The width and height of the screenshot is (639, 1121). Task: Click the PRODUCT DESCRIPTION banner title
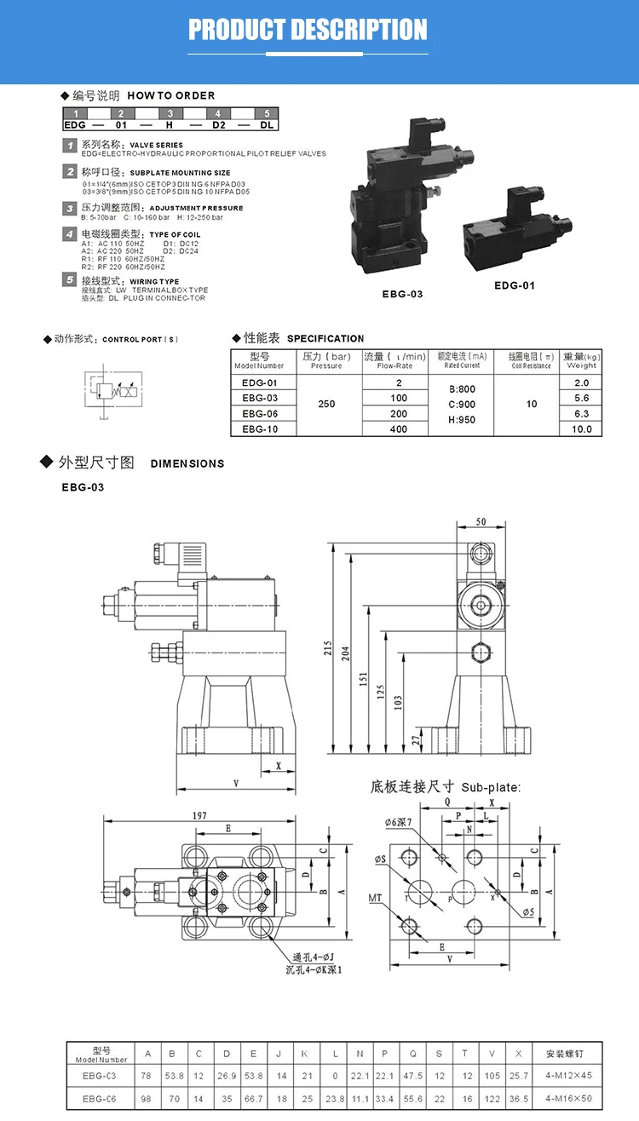pyautogui.click(x=308, y=31)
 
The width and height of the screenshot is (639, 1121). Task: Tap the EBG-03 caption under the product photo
pyautogui.click(x=402, y=294)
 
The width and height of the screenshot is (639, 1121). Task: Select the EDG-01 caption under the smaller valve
pyautogui.click(x=515, y=285)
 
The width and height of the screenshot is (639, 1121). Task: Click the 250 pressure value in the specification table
pyautogui.click(x=326, y=405)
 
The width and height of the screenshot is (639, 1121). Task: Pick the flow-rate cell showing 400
pyautogui.click(x=399, y=429)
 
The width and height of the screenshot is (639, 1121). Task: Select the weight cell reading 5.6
pyautogui.click(x=582, y=398)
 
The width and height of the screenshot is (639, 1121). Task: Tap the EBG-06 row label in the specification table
pyautogui.click(x=260, y=414)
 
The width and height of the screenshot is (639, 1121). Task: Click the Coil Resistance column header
pyautogui.click(x=532, y=360)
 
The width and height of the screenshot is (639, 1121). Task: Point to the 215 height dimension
pyautogui.click(x=329, y=647)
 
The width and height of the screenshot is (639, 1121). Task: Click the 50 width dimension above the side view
pyautogui.click(x=481, y=521)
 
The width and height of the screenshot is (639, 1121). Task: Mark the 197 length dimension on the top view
pyautogui.click(x=200, y=815)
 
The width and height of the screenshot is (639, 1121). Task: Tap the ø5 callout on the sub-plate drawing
pyautogui.click(x=529, y=912)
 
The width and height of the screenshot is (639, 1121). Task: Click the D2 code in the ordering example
pyautogui.click(x=219, y=124)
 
